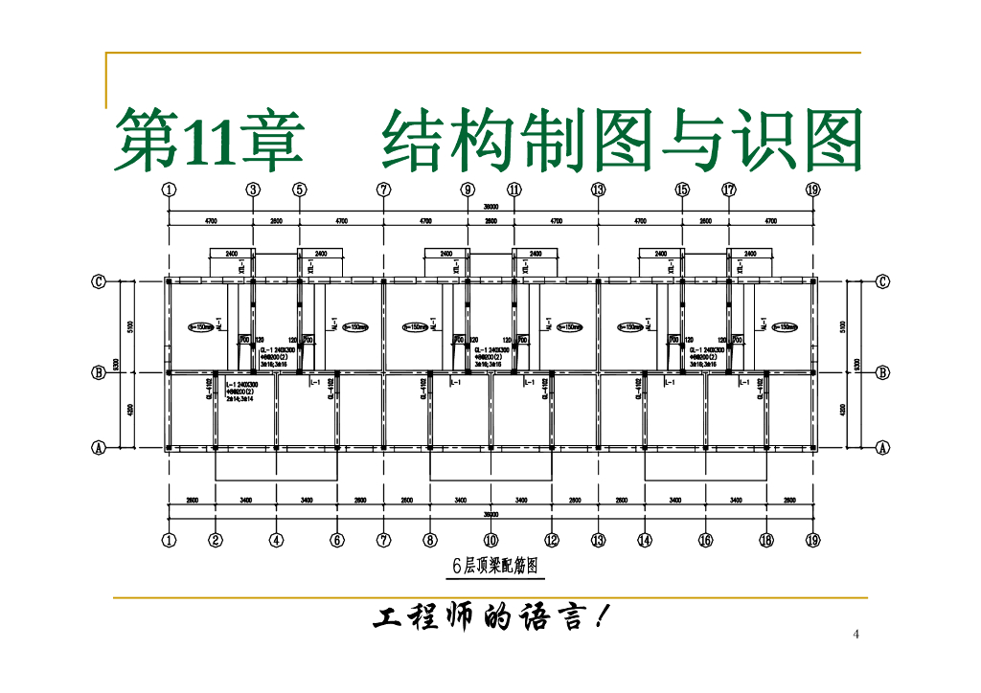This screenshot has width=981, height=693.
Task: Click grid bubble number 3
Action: pos(253,190)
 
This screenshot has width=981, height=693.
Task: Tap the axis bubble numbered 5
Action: pos(300,190)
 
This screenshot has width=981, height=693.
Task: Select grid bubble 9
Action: pos(468,190)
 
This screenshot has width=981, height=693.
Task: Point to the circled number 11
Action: pos(514,190)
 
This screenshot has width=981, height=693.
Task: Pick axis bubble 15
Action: pos(682,190)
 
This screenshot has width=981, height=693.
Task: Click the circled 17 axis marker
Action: pos(729,190)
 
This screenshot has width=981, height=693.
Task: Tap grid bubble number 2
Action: pos(216,541)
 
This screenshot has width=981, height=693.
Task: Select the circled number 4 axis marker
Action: pos(276,541)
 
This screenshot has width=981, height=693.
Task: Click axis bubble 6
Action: pos(337,541)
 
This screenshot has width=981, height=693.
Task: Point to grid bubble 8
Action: pos(430,541)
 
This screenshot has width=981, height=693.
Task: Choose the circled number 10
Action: pos(490,541)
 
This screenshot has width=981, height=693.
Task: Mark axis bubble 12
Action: pos(552,541)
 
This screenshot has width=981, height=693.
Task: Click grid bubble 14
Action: pos(645,541)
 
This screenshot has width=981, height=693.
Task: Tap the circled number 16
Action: pos(705,541)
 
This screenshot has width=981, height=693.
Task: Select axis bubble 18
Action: pos(766,541)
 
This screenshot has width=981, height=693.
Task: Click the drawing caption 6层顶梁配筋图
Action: pos(494,567)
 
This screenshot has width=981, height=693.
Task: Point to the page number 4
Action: pos(856,635)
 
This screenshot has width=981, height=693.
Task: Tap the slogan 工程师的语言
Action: pos(489,618)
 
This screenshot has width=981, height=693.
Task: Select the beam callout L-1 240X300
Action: pos(241,384)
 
